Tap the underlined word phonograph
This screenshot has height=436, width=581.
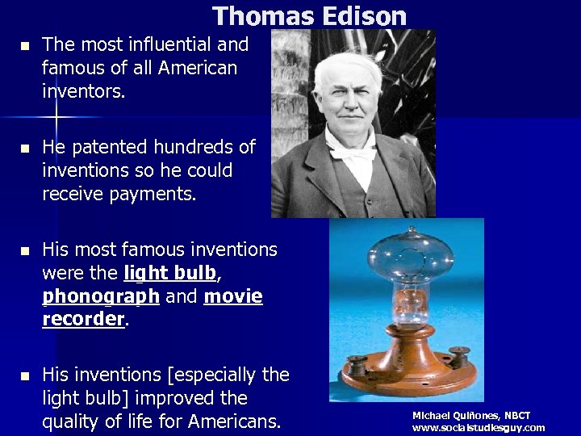pyautogui.click(x=101, y=296)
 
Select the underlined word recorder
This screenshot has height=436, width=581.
pyautogui.click(x=83, y=319)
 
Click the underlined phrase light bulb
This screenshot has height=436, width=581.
pyautogui.click(x=170, y=273)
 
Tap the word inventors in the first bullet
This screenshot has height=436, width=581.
pyautogui.click(x=83, y=91)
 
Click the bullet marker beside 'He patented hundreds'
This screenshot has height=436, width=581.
pyautogui.click(x=24, y=149)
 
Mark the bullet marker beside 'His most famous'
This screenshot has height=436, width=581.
pyautogui.click(x=24, y=251)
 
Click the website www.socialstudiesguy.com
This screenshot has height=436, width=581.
pyautogui.click(x=479, y=428)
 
